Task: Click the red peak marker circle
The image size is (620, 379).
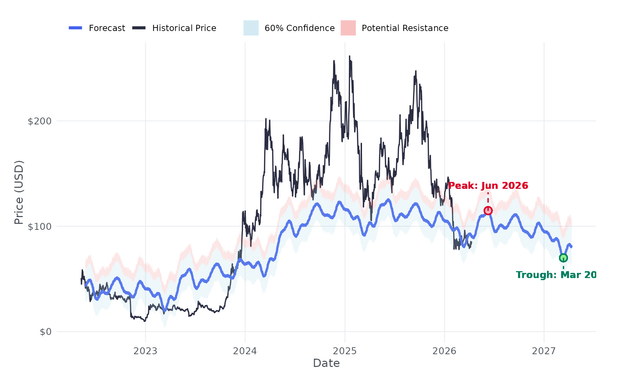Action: [488, 211]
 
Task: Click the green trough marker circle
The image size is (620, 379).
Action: [563, 258]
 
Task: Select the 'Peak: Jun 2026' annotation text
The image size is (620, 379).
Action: [488, 186]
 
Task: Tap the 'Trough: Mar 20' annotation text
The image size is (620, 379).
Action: [556, 275]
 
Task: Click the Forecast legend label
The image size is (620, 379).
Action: [107, 28]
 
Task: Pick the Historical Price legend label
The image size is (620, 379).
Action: [184, 28]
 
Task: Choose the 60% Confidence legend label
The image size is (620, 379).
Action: [299, 28]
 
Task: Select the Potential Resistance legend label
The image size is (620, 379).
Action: [405, 28]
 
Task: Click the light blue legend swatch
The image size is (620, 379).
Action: [251, 28]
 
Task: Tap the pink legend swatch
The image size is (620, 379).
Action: [348, 28]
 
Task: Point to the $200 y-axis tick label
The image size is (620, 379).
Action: [39, 121]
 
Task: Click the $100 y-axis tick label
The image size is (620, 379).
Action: [39, 227]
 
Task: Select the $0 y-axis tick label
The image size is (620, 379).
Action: [45, 332]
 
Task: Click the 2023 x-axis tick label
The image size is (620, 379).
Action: [145, 351]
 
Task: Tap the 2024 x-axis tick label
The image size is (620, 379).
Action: [245, 351]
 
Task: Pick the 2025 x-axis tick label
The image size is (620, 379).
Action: [345, 351]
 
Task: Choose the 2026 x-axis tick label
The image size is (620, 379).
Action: [444, 351]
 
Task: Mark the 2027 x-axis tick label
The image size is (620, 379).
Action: [544, 351]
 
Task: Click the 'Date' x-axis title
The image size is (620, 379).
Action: [326, 363]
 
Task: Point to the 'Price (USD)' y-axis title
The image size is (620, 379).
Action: [19, 192]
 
